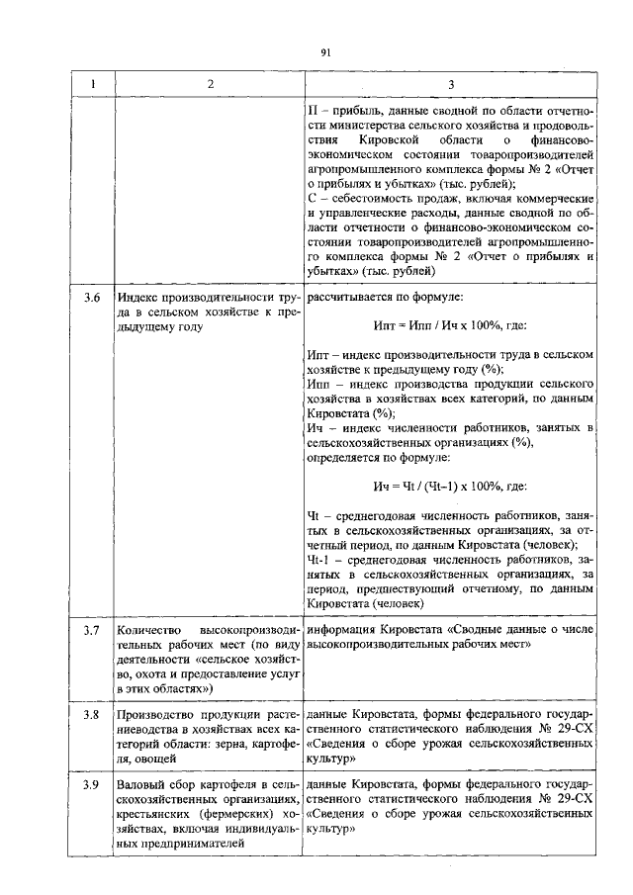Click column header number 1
pos(93,84)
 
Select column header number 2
pos(210,84)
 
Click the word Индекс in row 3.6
pos(136,296)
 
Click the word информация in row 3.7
pos(346,629)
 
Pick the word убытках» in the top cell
pos(333,269)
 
